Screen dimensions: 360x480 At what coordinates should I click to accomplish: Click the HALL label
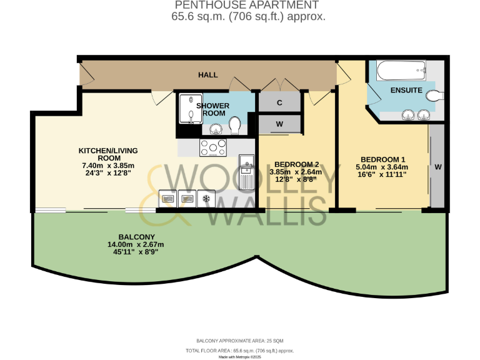208,75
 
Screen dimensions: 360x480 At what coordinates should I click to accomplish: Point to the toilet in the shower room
236,126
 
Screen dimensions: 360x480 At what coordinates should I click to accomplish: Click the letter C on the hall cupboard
279,102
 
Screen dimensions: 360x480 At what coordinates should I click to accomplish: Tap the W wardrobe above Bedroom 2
279,124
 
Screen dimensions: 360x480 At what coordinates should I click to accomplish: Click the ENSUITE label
406,91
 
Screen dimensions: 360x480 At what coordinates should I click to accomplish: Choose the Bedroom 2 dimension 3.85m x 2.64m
295,172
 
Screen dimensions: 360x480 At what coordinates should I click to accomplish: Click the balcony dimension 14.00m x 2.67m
135,244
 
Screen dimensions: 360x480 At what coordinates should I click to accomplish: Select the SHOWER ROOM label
213,109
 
